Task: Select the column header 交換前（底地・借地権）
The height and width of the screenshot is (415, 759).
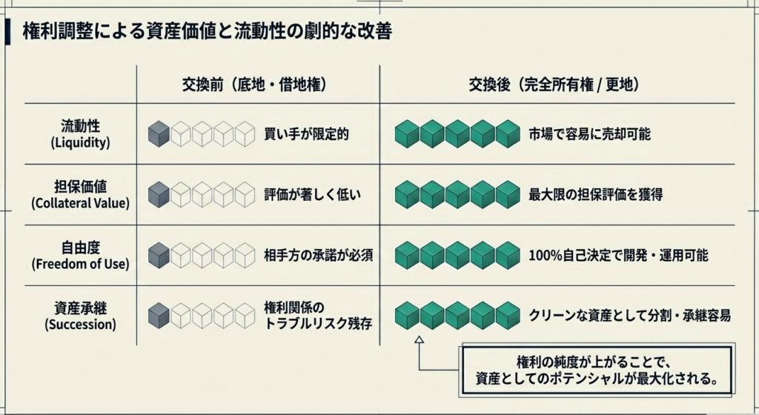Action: [256, 84]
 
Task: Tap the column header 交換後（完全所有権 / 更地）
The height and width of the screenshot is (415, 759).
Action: [554, 84]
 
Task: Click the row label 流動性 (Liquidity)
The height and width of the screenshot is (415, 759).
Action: [81, 133]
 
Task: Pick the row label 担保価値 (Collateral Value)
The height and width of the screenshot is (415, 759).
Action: [81, 194]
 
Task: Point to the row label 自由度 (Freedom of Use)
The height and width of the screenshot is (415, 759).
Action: [81, 255]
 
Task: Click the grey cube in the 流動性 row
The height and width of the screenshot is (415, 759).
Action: [159, 134]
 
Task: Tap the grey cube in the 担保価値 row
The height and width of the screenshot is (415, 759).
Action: [159, 195]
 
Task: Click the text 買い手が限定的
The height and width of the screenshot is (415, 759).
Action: [306, 134]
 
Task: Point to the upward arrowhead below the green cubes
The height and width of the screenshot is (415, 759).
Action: [418, 340]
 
